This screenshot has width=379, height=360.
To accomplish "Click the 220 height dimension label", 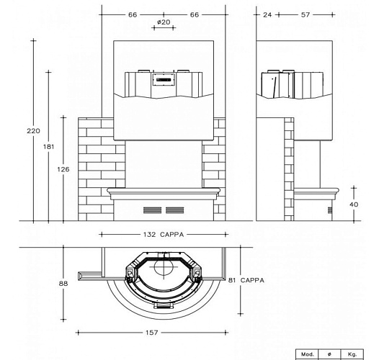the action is click(33, 131).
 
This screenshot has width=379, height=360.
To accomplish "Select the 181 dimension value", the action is click(48, 147).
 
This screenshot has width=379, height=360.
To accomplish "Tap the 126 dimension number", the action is click(63, 169).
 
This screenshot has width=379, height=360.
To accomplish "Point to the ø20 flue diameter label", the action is click(164, 22).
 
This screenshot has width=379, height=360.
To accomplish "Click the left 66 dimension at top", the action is click(133, 14).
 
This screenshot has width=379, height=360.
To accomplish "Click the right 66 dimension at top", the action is click(195, 14).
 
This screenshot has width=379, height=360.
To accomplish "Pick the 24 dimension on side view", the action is click(267, 14).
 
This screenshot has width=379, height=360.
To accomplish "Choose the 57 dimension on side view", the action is click(306, 14).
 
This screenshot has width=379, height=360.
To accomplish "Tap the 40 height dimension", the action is click(354, 204).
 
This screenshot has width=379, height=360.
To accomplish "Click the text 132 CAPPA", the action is click(164, 235).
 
